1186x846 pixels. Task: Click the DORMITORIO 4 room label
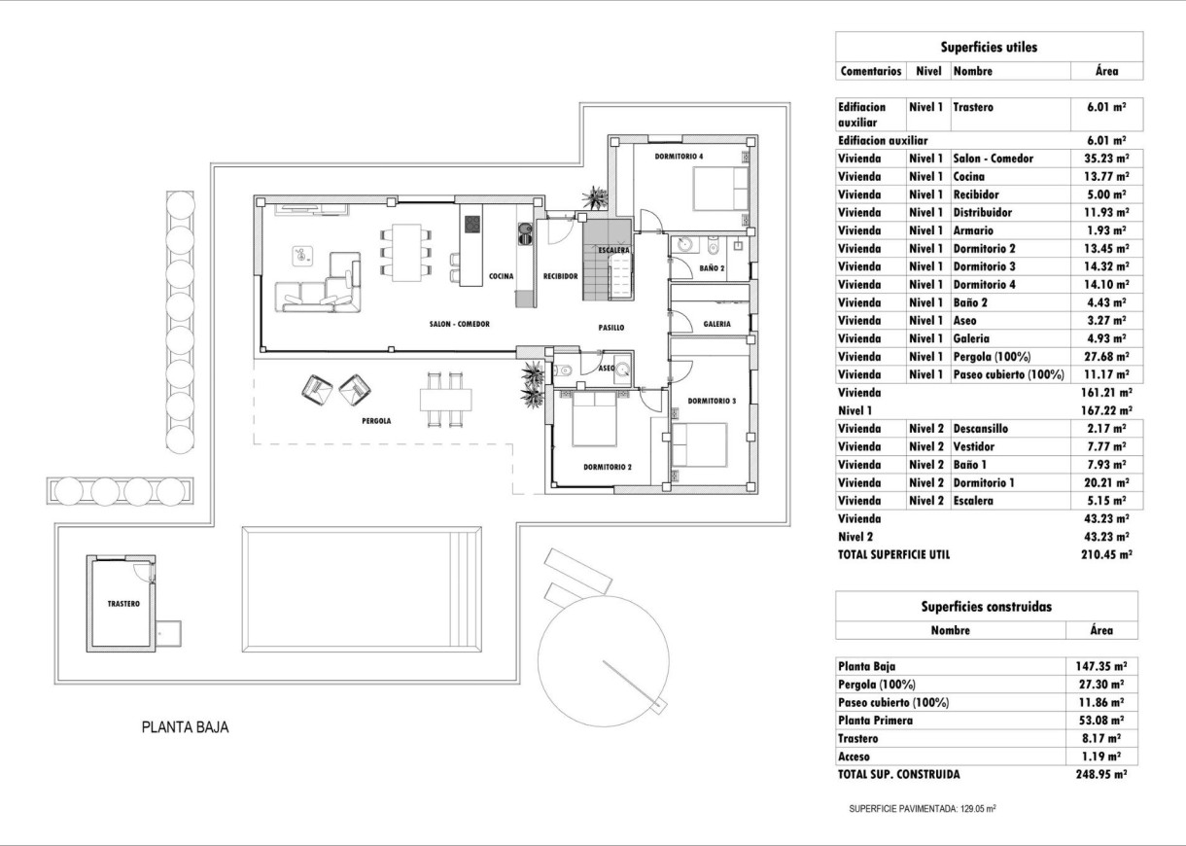pyautogui.click(x=679, y=156)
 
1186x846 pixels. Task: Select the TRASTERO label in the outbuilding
pyautogui.click(x=123, y=604)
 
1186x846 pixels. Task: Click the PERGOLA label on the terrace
pyautogui.click(x=375, y=421)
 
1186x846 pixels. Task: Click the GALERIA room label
pyautogui.click(x=717, y=325)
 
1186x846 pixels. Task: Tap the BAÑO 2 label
pyautogui.click(x=712, y=267)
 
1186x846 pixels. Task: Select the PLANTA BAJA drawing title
pyautogui.click(x=185, y=726)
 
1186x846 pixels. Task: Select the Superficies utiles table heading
pyautogui.click(x=989, y=47)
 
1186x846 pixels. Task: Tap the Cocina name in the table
pyautogui.click(x=969, y=177)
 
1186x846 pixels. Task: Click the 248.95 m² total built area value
pyautogui.click(x=1100, y=775)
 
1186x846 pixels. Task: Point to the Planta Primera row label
pyautogui.click(x=875, y=721)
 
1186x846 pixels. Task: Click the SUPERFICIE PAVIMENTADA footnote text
pyautogui.click(x=922, y=808)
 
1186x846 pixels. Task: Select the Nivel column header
pyautogui.click(x=928, y=71)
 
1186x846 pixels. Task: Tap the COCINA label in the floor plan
pyautogui.click(x=501, y=276)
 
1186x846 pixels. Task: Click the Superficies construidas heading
pyautogui.click(x=986, y=606)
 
